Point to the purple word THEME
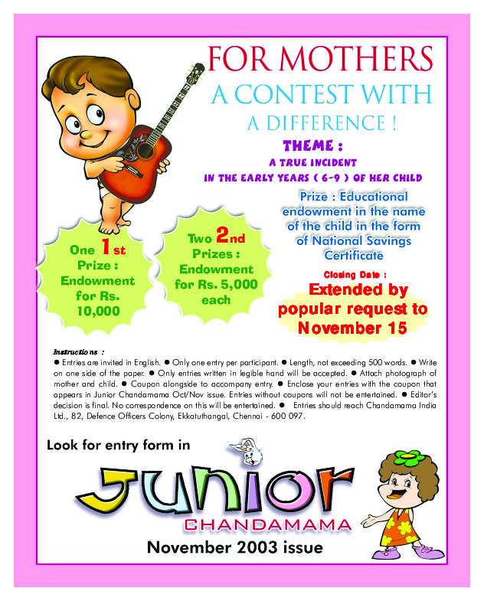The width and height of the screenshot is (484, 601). coord(306,145)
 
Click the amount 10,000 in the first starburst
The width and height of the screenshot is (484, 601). coord(98,310)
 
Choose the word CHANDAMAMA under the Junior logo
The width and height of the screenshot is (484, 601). coord(268,525)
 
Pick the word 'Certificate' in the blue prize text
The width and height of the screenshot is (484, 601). coord(354,255)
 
